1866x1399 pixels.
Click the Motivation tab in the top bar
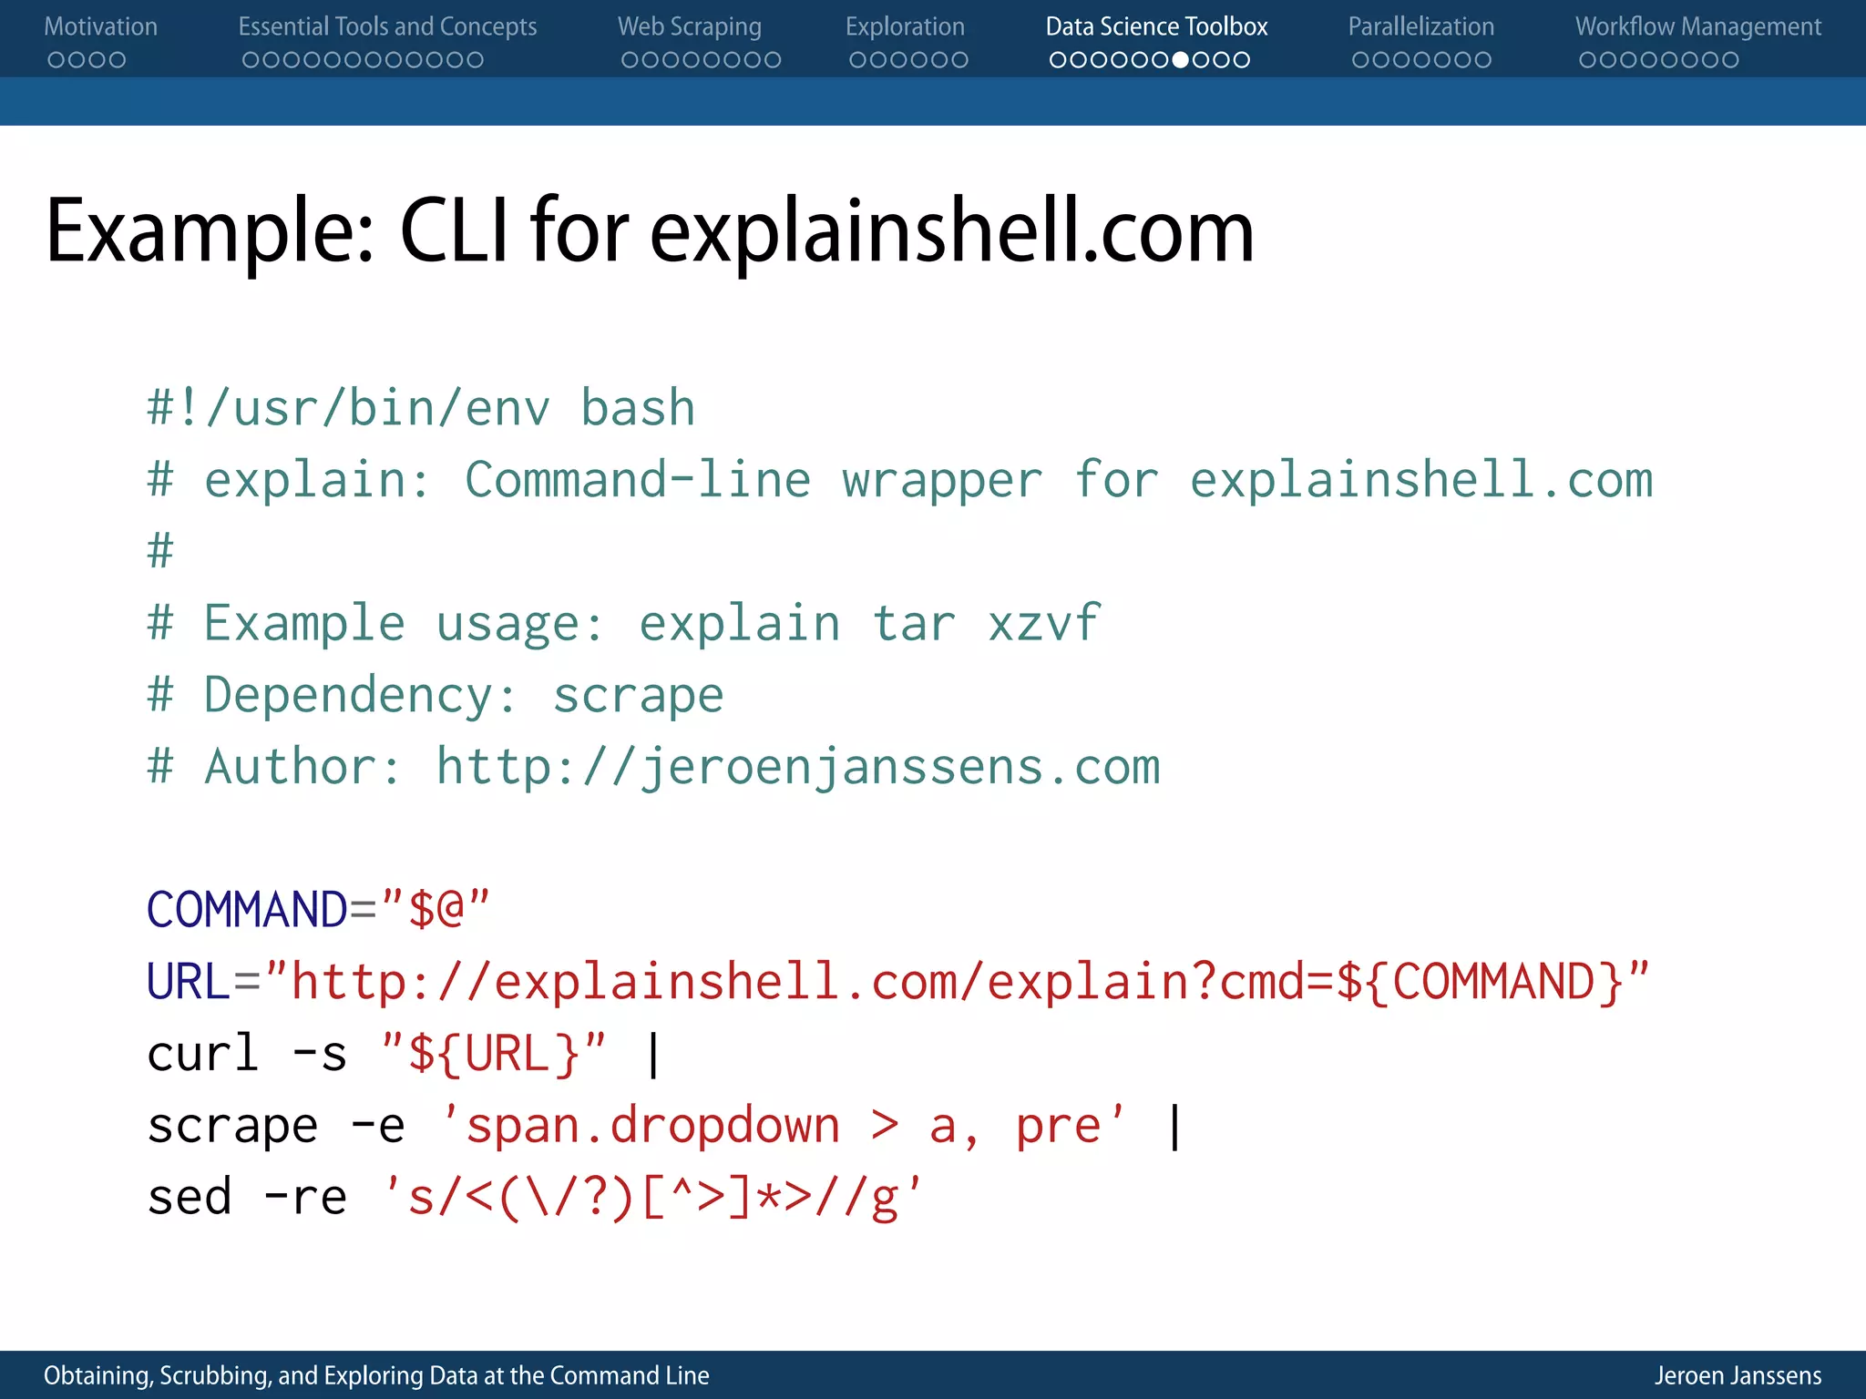(100, 27)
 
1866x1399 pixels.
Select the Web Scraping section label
(689, 27)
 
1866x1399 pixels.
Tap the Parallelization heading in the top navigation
(1420, 27)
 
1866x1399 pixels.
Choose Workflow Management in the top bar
(1697, 27)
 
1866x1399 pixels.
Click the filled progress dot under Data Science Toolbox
(1180, 60)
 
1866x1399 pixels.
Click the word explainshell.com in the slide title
(951, 231)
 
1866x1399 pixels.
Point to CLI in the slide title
(454, 231)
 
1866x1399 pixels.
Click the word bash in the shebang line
(638, 408)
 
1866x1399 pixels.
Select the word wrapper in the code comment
(941, 480)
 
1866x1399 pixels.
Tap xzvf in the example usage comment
(1043, 624)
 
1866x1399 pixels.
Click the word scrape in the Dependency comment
(638, 696)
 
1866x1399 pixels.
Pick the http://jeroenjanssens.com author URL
(798, 767)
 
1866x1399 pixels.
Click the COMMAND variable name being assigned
(247, 910)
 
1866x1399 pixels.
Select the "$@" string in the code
(436, 909)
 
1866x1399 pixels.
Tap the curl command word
(203, 1054)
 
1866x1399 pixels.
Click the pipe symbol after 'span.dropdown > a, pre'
(1174, 1127)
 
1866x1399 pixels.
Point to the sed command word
(190, 1198)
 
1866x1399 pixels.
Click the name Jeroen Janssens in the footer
(1738, 1375)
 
